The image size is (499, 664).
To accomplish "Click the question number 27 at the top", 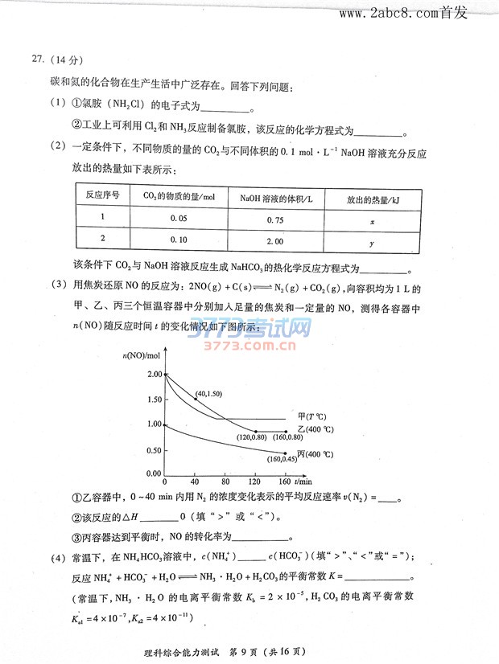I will (36, 59).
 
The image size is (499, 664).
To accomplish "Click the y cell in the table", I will (372, 240).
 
